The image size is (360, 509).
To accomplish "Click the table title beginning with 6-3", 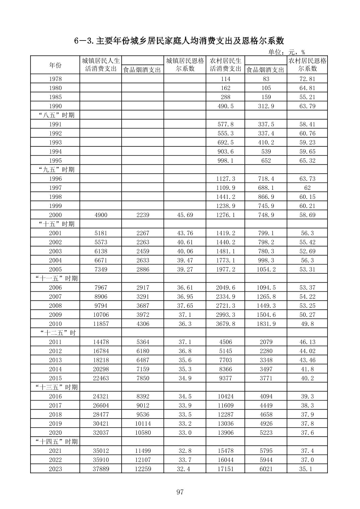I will point(179,41).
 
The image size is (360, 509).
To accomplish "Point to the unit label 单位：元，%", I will point(286,52).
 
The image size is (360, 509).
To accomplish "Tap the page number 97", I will point(180,492).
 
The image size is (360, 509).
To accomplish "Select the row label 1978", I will point(55,79).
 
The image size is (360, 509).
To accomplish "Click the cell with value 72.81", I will point(307,79).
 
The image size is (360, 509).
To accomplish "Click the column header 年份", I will point(55,65).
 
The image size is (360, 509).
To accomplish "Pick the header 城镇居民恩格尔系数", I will point(185,65).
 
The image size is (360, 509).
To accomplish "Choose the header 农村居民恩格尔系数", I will point(307,65).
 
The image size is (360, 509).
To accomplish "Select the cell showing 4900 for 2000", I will point(101,215).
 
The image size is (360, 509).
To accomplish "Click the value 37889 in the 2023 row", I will point(101,469).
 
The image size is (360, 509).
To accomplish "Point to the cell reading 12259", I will point(143,469).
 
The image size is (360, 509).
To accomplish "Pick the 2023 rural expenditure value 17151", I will point(226,469).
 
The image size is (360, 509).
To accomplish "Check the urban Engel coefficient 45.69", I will point(185,215).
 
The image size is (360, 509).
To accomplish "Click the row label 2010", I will point(55,324).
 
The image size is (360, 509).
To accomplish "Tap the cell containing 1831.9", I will point(266,324).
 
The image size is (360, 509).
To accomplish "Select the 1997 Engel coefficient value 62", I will point(307,188).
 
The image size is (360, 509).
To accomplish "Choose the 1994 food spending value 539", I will point(266,151).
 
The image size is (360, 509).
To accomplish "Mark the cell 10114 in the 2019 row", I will point(143,423).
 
